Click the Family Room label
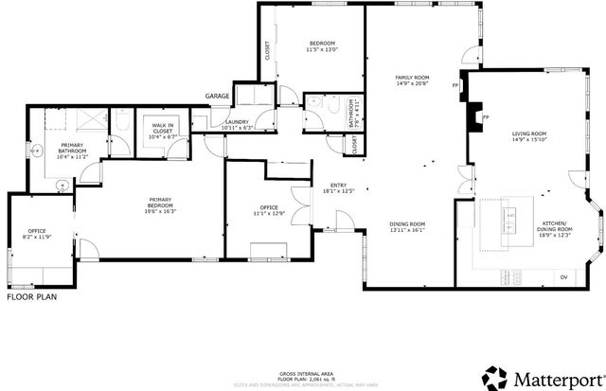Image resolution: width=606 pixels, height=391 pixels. coord(413,80)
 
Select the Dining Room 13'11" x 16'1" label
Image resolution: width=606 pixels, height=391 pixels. coord(406,226)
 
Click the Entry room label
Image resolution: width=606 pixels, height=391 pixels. coord(338,187)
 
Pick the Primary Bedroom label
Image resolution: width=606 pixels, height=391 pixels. coord(160,204)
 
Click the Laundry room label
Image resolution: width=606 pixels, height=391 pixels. coord(237,124)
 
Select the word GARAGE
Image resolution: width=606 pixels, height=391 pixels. coord(218,97)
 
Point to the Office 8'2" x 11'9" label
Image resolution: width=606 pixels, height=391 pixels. coord(37,234)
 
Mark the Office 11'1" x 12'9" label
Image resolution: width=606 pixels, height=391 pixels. coord(269,211)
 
